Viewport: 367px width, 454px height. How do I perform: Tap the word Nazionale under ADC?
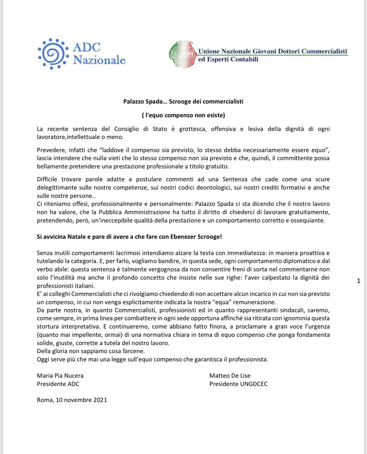tap(99, 60)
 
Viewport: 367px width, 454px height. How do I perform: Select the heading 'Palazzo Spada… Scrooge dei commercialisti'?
tap(183, 102)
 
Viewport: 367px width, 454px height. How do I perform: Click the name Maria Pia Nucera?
tap(60, 375)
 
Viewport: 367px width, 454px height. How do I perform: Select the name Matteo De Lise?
tap(230, 375)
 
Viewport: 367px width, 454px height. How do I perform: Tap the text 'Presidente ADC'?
tap(58, 384)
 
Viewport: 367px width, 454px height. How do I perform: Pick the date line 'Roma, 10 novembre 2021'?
tap(72, 400)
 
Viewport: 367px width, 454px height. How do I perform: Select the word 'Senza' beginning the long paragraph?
tap(45, 252)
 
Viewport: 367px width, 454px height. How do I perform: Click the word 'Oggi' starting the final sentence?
tap(43, 359)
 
